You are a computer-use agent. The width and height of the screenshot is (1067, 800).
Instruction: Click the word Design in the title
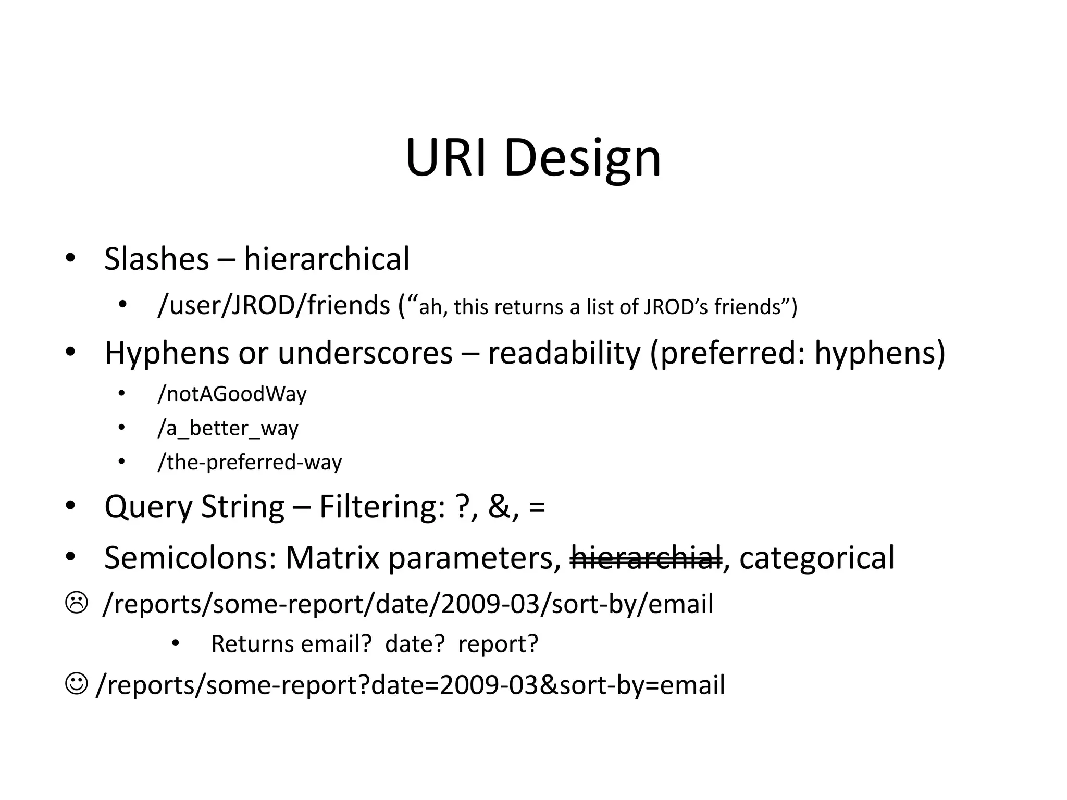pos(582,158)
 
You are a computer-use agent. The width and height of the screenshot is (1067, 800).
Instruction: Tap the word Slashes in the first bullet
pos(156,259)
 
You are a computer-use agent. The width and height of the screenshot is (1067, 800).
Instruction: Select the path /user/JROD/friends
pos(274,305)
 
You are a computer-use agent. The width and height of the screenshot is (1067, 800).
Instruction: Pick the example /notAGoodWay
pos(232,394)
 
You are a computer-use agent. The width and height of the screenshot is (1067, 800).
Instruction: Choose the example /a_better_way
pos(228,428)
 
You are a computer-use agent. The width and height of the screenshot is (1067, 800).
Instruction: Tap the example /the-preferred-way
pos(250,462)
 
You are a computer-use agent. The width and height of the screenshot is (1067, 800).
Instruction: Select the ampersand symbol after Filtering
pos(500,506)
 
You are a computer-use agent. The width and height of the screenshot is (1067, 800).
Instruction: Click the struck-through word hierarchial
pos(647,557)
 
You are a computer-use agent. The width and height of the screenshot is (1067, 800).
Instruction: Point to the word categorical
pos(816,557)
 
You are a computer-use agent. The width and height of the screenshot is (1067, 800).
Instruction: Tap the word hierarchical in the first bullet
pos(327,259)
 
